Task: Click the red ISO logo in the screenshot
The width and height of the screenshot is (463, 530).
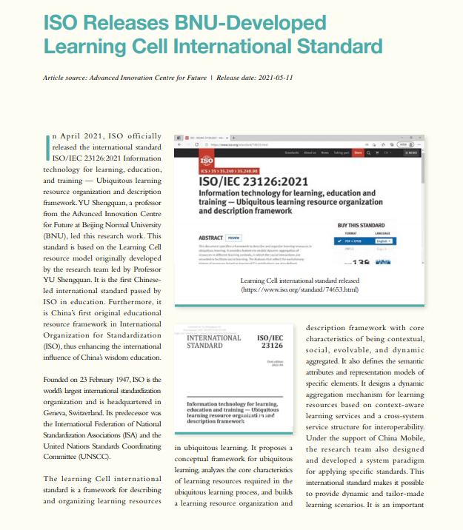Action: (207, 161)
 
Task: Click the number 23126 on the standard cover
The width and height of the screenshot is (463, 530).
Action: (270, 345)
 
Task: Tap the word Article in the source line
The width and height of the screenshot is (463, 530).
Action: (53, 77)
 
